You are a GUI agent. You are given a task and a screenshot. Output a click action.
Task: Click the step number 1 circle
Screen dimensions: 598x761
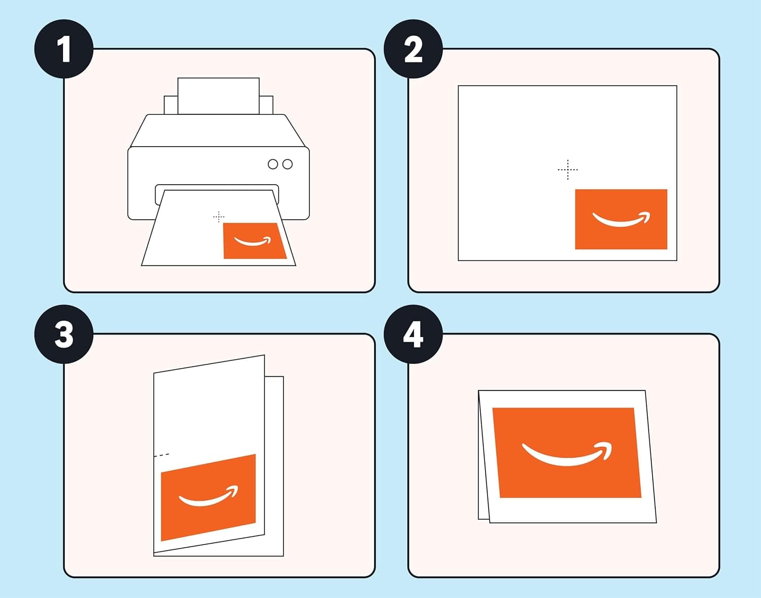point(64,49)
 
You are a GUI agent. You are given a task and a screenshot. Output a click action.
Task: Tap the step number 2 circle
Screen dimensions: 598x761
point(413,49)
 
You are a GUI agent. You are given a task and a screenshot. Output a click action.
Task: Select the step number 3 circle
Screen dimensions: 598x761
point(64,334)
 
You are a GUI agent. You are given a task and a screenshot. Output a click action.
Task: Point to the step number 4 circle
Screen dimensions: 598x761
point(413,334)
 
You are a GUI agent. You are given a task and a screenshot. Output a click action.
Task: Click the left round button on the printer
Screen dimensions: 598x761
point(273,164)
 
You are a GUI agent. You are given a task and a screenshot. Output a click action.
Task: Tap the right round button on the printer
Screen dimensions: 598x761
point(288,164)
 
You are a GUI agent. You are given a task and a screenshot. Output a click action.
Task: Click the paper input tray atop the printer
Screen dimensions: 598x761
point(219,95)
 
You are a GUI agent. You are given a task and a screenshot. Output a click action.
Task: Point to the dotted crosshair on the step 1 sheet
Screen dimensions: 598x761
point(219,217)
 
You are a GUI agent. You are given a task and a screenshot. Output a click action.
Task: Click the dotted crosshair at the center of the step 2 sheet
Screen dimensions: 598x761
point(568,170)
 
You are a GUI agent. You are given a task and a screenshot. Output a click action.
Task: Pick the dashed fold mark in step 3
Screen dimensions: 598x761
point(162,455)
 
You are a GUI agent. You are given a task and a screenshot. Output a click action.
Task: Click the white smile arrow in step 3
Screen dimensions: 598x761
point(208,497)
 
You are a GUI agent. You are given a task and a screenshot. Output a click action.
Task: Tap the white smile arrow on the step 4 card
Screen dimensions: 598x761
point(567,454)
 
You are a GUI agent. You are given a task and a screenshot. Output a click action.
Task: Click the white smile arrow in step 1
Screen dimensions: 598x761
point(252,242)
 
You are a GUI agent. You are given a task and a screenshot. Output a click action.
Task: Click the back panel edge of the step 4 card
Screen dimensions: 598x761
point(482,457)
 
